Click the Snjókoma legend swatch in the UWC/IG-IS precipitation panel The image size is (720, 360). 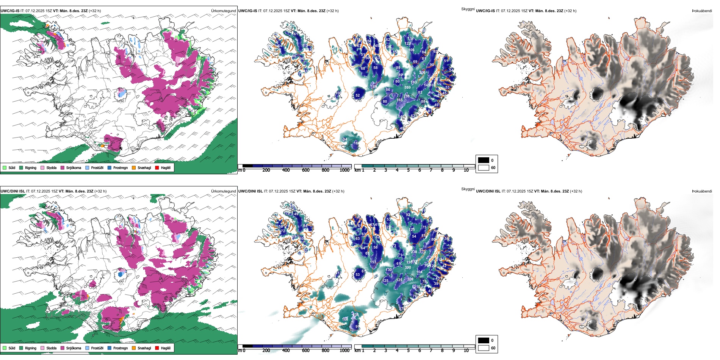(x=63, y=167)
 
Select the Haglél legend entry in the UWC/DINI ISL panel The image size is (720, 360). (x=157, y=348)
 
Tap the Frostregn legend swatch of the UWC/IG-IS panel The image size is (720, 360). (x=110, y=167)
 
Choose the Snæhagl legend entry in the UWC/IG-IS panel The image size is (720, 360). (x=134, y=167)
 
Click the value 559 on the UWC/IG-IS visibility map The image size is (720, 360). (x=407, y=88)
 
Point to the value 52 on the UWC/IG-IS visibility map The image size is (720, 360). (x=358, y=95)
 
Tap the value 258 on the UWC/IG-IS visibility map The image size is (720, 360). (x=406, y=96)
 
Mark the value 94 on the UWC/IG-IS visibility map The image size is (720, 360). (x=345, y=139)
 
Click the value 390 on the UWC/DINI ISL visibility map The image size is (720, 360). (x=408, y=268)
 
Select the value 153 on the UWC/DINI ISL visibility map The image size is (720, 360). (x=373, y=262)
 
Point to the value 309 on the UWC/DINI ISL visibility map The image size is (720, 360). (x=410, y=279)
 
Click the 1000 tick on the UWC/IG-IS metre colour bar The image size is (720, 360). (x=344, y=170)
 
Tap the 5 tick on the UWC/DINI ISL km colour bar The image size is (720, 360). (x=409, y=351)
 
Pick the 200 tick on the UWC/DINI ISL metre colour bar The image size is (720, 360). (x=266, y=351)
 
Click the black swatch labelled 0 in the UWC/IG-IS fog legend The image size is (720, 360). (x=484, y=160)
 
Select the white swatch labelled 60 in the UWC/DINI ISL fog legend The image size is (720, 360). (x=484, y=348)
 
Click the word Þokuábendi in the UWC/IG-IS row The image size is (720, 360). (x=702, y=11)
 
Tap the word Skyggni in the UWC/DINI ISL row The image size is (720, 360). (x=468, y=189)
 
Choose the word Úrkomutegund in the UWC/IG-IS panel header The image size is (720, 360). (x=224, y=11)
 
